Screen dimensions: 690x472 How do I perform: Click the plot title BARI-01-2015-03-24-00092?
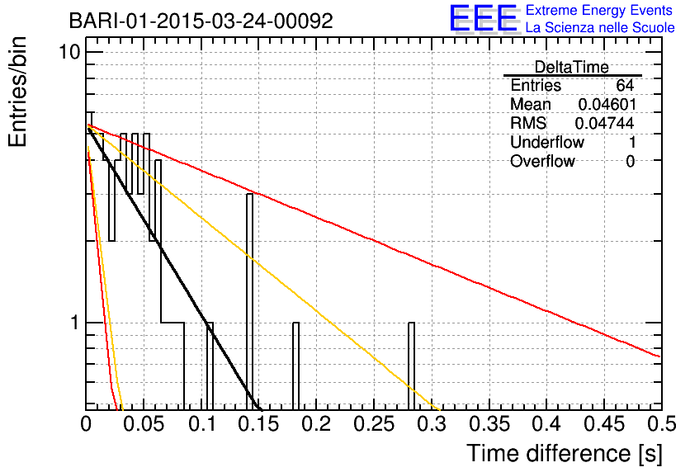(x=201, y=21)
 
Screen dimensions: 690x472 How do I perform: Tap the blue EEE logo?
(x=484, y=18)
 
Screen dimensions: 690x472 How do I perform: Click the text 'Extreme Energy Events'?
(x=599, y=10)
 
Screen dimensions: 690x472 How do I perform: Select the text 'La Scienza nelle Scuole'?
(x=600, y=27)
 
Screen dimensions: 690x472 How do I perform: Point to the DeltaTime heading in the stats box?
(x=572, y=67)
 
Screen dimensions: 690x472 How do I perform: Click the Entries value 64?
(x=625, y=85)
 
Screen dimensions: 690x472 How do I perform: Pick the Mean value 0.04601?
(x=607, y=104)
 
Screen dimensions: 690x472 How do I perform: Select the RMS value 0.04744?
(x=604, y=123)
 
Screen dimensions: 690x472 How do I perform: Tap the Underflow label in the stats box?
(x=547, y=142)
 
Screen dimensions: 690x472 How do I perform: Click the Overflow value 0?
(x=630, y=162)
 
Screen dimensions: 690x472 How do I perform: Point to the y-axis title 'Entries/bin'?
(x=17, y=92)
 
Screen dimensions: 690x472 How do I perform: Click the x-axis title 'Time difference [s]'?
(x=565, y=453)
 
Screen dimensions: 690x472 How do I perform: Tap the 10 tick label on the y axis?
(x=70, y=52)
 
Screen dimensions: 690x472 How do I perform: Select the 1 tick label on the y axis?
(x=75, y=323)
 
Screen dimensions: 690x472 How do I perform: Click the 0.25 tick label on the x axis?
(x=374, y=424)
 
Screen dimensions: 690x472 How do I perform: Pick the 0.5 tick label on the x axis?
(x=661, y=424)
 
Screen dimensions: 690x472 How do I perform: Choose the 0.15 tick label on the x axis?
(x=258, y=424)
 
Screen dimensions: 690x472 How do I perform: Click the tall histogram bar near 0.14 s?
(x=249, y=302)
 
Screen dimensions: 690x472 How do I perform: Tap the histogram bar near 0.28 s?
(x=412, y=366)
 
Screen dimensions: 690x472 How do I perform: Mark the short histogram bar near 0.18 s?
(x=296, y=366)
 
